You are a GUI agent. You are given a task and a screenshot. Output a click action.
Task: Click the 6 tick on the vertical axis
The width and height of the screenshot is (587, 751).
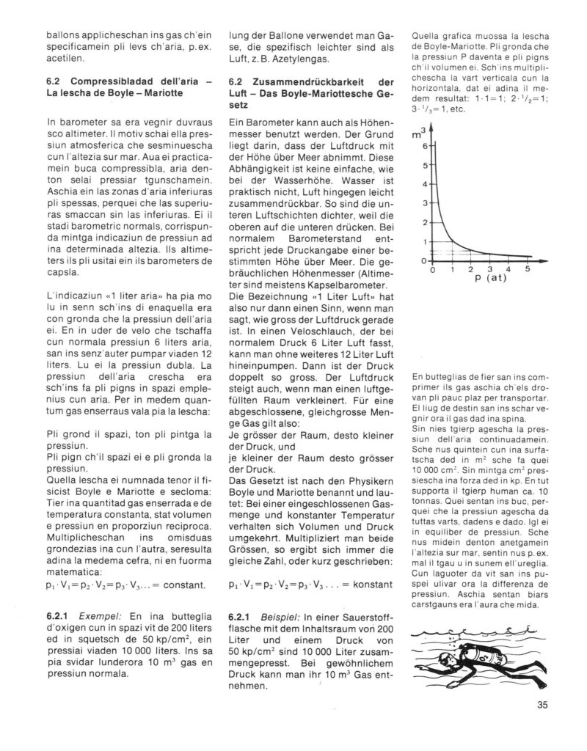(x=423, y=146)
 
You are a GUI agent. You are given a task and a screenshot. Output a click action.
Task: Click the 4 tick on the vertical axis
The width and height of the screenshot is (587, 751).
(x=423, y=184)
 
